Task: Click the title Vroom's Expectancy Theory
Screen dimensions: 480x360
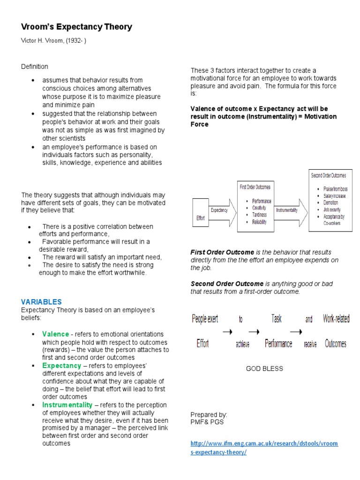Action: pos(76,27)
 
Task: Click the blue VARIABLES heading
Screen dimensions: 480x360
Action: pos(41,302)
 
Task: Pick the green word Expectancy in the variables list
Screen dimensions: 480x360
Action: pos(61,366)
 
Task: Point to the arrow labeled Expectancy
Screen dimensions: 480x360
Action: pos(219,210)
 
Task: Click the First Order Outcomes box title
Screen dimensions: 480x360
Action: pos(255,187)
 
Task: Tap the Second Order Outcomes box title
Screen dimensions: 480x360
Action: pos(329,175)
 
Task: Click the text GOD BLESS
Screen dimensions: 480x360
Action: pos(264,369)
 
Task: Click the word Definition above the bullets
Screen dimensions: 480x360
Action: pos(34,67)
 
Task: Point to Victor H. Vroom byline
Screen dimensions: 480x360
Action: pos(53,41)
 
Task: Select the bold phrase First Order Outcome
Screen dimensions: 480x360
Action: pos(222,252)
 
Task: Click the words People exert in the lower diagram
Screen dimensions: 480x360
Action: pos(205,319)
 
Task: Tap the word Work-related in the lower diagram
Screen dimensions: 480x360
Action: pos(336,319)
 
